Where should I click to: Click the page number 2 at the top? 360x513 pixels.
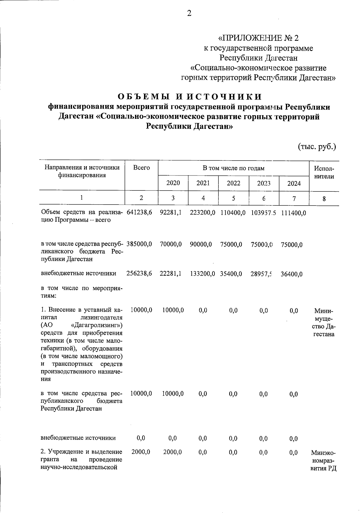tap(189, 13)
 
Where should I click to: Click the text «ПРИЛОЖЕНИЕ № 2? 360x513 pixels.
tap(258, 38)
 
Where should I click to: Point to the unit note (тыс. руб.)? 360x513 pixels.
tap(317, 147)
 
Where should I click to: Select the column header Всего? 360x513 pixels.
tap(141, 168)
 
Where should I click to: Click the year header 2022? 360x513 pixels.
tap(233, 183)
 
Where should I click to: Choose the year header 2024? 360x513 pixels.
tap(294, 184)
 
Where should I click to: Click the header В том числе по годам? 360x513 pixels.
tap(233, 168)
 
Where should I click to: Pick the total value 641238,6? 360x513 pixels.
tap(139, 213)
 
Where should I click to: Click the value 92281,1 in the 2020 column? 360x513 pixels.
tap(171, 213)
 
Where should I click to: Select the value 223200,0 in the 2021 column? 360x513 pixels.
tap(202, 213)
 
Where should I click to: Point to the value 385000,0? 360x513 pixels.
tap(139, 244)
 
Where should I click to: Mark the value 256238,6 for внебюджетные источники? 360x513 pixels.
tap(139, 274)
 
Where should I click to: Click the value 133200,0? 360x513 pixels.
tap(202, 274)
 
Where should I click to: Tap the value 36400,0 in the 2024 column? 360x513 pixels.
tap(292, 274)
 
